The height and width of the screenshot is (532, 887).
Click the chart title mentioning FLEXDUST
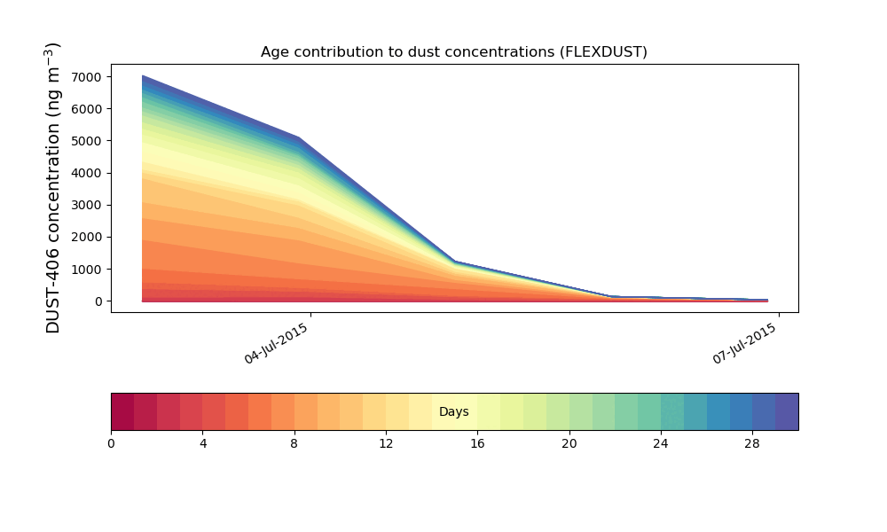coord(453,52)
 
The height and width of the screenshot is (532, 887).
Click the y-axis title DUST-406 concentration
coord(52,188)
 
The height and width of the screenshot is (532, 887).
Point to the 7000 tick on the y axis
coord(87,77)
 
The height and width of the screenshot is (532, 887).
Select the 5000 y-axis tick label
coord(87,141)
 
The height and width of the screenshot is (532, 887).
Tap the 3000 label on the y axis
coord(87,205)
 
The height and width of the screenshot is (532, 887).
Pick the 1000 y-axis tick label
coord(87,270)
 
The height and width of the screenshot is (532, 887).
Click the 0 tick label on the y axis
coord(99,301)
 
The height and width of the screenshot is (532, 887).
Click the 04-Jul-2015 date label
coord(277,343)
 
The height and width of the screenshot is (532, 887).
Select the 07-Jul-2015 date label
coord(744,343)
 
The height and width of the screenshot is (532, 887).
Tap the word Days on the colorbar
coord(453,411)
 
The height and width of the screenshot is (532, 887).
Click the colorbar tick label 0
coord(111,444)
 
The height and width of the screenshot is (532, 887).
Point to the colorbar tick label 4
coord(202,444)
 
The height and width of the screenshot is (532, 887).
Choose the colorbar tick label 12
coord(386,444)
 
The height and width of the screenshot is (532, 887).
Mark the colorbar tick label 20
coord(569,444)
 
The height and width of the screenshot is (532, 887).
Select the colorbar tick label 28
coord(752,444)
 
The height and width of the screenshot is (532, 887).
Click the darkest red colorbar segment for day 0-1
coord(122,411)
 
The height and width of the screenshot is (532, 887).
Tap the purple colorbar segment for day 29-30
coord(787,411)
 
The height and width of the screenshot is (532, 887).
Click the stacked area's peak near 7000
coord(143,75)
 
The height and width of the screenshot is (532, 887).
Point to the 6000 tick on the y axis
coord(87,109)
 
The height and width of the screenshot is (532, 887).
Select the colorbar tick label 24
coord(661,444)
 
